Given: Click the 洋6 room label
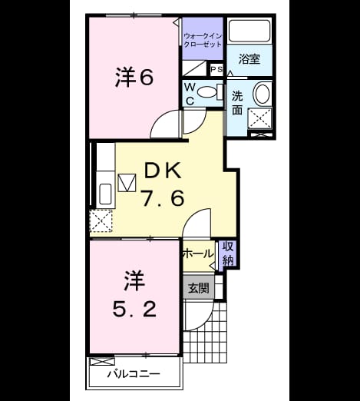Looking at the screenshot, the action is point(134,77).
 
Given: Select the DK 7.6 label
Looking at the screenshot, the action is point(163,184).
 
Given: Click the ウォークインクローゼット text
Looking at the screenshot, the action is point(203,40).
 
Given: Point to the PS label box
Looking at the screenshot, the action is point(216,69).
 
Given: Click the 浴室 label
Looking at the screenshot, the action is point(249,59).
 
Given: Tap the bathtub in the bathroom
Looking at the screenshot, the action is point(249,30).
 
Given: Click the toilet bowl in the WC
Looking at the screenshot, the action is point(207,92).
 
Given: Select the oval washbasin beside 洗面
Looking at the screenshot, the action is point(261,93).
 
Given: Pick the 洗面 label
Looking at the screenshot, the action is point(237,103).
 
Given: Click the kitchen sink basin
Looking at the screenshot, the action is point(105,194).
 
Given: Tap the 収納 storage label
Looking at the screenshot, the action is point(228,254).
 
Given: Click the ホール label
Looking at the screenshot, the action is point(198,254).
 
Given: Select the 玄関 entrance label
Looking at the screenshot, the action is point(199,288).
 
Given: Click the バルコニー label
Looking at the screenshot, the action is point(134,374).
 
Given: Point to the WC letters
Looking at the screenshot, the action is point(190,94).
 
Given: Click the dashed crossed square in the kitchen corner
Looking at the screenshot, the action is point(101,220).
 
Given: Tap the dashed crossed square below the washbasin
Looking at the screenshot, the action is point(260,118).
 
